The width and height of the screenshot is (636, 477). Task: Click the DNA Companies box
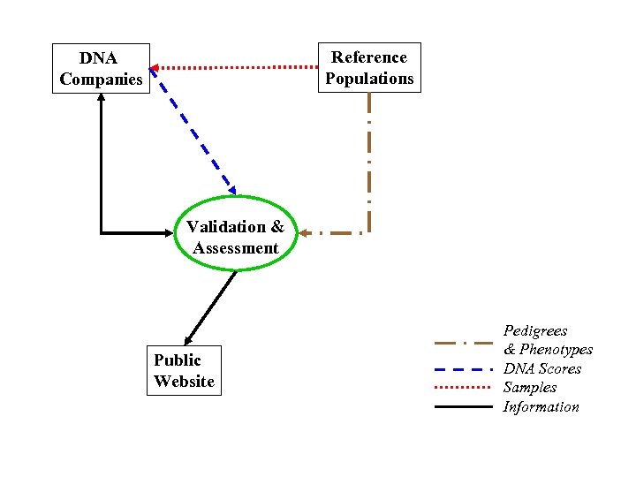101,69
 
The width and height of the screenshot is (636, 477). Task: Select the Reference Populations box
369,68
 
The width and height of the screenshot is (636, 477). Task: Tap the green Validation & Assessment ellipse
235,238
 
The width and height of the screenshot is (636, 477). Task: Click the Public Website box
184,371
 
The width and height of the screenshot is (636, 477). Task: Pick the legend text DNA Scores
542,368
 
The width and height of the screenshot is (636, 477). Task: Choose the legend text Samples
530,387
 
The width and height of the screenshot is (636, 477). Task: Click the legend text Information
541,406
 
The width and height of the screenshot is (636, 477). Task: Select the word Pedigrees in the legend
535,330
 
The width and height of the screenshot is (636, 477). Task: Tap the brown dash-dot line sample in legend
464,342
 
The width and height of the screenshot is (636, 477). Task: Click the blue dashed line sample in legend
464,369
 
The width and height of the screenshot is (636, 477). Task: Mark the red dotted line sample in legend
464,388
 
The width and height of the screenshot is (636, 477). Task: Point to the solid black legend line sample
464,407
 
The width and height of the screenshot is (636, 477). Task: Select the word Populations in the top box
369,79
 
